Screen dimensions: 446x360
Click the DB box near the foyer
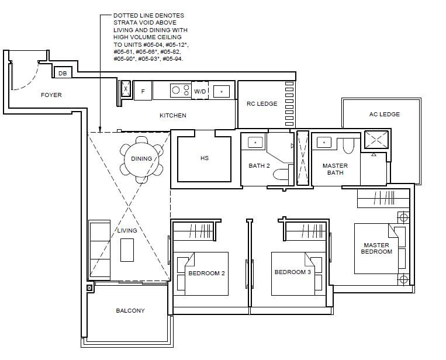[63, 73]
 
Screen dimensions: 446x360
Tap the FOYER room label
[51, 95]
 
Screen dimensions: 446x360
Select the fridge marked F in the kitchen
[143, 91]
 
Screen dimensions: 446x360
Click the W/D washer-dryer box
[200, 91]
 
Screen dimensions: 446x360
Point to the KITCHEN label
[173, 116]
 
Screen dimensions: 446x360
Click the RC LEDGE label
[262, 104]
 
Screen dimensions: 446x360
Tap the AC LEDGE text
[385, 115]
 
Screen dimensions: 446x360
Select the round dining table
[141, 159]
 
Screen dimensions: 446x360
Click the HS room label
[205, 158]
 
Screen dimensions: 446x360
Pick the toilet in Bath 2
[283, 175]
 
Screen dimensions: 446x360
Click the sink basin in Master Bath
[324, 142]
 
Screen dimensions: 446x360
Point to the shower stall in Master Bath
[376, 140]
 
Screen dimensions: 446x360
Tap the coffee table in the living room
[127, 250]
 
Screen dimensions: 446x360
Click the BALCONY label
[130, 311]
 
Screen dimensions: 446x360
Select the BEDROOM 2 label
[206, 274]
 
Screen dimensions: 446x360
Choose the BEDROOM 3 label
[293, 272]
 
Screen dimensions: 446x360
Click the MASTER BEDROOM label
[376, 248]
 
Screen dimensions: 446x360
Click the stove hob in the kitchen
[181, 91]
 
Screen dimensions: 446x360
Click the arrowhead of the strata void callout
[100, 130]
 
